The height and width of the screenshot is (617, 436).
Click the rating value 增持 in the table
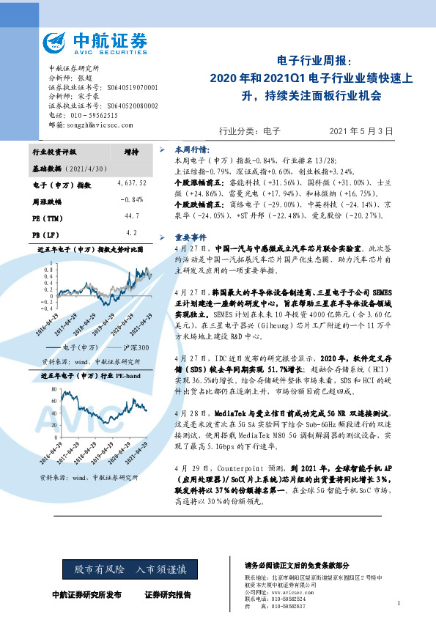click(132, 152)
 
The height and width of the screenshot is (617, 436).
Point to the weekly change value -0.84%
click(132, 199)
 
